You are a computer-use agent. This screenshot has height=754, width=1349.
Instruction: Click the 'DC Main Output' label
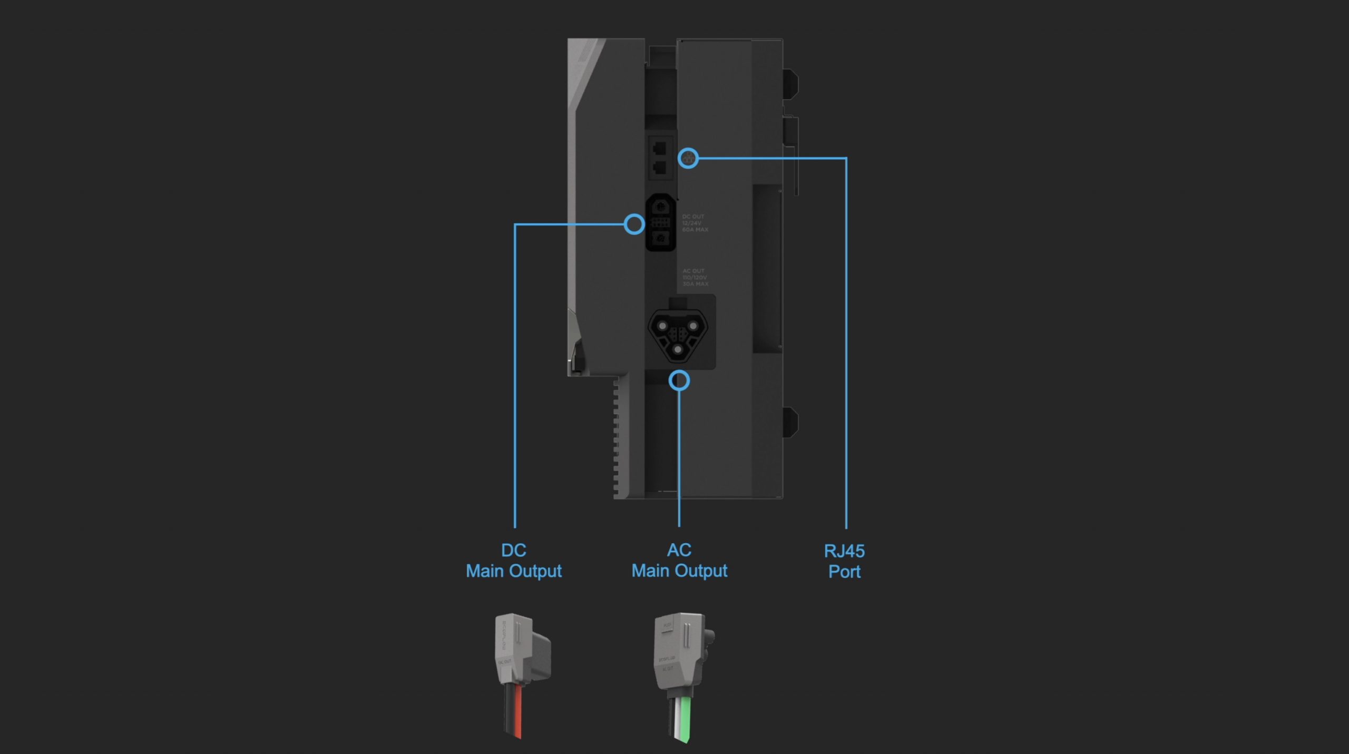[x=514, y=561]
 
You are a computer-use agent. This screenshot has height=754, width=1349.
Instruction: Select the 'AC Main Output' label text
[x=679, y=560]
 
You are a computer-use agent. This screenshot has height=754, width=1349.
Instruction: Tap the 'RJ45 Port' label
[x=844, y=561]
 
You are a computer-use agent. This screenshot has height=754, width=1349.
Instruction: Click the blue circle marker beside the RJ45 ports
[x=688, y=158]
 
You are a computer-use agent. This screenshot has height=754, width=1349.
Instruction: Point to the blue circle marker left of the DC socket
[x=634, y=224]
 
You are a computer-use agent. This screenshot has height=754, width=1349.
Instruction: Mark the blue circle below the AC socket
[x=679, y=380]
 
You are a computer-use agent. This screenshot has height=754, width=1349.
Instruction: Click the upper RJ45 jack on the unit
[x=659, y=148]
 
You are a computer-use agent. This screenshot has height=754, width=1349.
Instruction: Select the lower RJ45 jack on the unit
[x=659, y=168]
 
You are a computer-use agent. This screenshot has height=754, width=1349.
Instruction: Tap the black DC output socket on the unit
[x=660, y=222]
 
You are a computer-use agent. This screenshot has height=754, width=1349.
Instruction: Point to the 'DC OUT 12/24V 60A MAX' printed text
[x=695, y=223]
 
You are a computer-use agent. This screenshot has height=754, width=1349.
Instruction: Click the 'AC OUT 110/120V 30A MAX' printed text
[x=695, y=277]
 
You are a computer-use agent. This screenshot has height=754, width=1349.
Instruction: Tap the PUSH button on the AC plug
[x=667, y=625]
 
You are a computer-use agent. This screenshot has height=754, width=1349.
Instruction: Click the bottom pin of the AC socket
[x=678, y=349]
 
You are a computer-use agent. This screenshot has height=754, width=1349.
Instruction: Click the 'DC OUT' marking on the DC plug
[x=504, y=662]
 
